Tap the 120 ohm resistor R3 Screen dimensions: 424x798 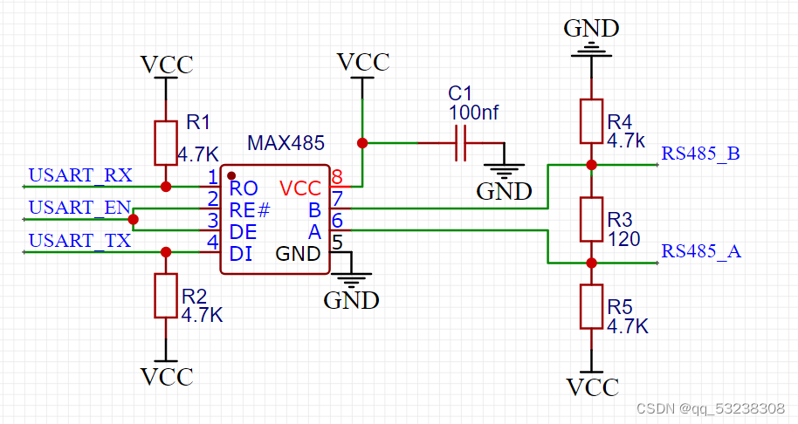592,220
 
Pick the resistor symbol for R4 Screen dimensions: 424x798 592,121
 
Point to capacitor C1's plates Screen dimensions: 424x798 462,143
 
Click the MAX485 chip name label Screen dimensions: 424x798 285,142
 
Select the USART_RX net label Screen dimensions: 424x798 80,175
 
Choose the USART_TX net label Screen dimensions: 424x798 80,240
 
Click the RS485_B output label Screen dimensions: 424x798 701,154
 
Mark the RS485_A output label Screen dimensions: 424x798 701,251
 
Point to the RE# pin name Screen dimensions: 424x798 249,210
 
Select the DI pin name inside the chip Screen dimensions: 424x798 241,254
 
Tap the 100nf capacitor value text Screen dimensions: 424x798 473,112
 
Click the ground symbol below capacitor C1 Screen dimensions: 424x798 503,172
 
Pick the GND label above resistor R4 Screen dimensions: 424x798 591,28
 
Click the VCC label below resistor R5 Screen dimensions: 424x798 592,386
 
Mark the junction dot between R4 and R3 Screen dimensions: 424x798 592,163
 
